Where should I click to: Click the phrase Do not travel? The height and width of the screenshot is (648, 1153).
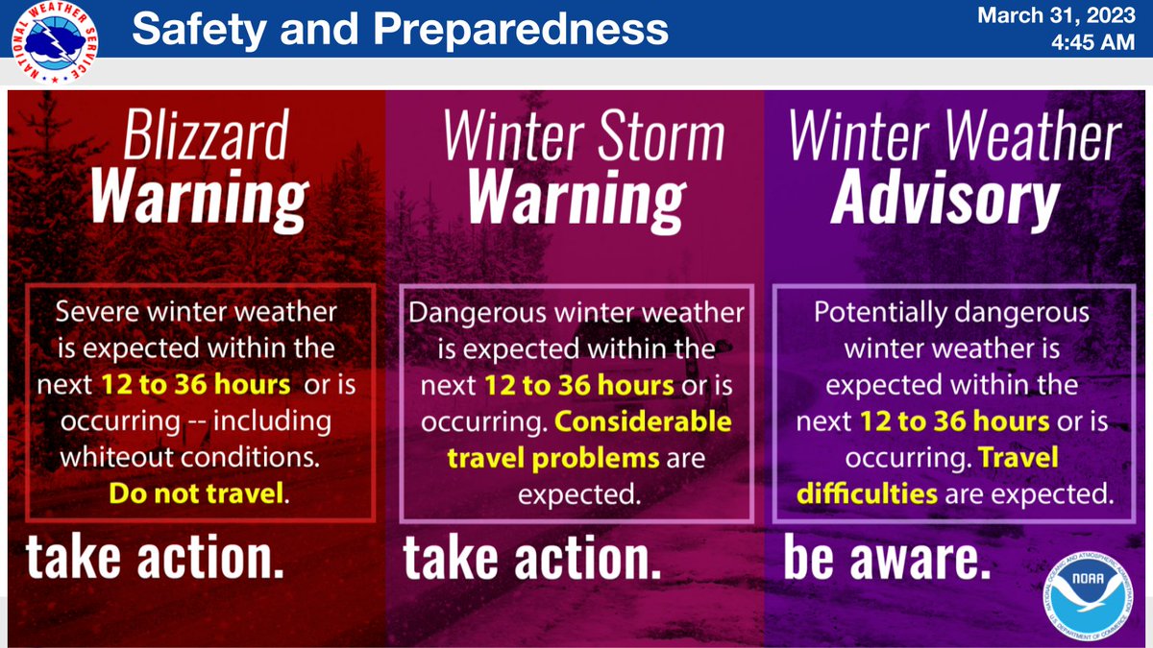197,494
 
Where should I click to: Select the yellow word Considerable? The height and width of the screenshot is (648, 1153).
643,422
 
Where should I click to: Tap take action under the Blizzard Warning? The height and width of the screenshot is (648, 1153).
155,561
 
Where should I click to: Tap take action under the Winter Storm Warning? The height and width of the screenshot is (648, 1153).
532,561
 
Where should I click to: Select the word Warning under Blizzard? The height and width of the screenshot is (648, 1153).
199,199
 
